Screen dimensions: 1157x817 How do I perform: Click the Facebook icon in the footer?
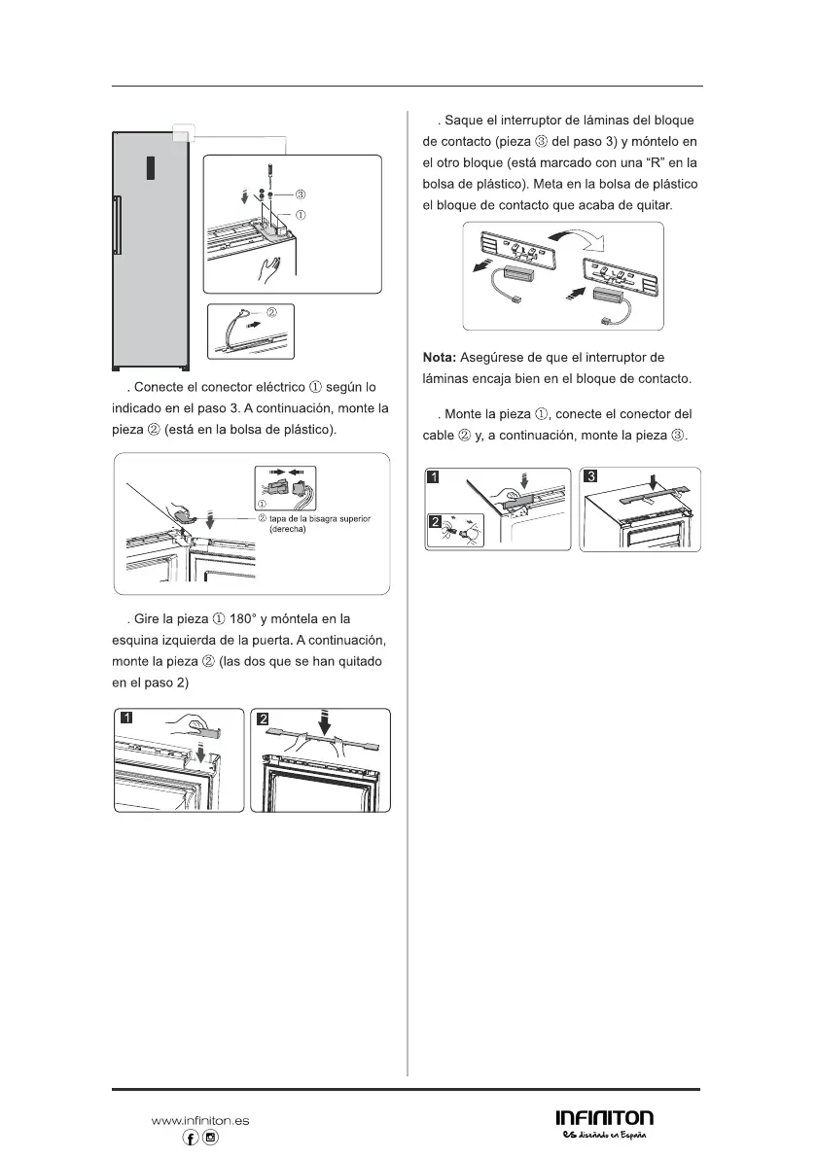pos(192,1138)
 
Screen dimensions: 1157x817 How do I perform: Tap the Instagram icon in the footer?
pos(211,1138)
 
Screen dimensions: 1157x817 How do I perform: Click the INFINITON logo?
pos(604,1118)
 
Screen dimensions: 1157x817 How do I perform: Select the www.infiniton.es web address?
pos(200,1120)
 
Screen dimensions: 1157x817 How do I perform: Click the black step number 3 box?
pos(589,476)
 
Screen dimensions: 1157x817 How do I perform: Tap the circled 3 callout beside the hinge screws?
pos(300,195)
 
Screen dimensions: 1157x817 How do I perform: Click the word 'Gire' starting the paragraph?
pos(143,619)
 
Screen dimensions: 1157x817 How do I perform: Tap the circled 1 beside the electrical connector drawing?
pos(260,504)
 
